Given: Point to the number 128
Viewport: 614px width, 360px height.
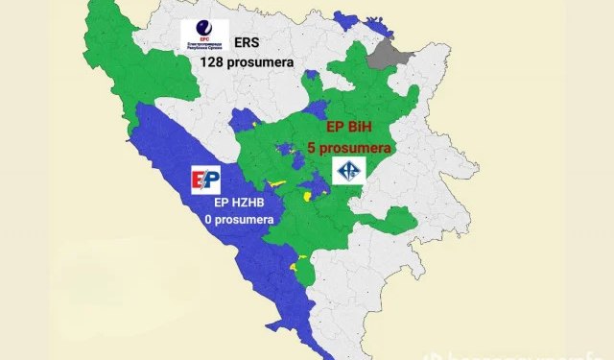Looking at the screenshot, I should pos(216,62).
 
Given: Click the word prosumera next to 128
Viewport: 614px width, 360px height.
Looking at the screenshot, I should pos(263,62).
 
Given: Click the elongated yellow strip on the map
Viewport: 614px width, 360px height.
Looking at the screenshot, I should pos(277,182).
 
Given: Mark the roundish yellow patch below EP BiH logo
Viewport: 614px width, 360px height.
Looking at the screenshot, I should pos(307,196).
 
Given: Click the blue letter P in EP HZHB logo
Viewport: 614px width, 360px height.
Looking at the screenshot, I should pos(212,179).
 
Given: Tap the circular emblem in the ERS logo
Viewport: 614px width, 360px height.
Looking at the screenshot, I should pos(203,29).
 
